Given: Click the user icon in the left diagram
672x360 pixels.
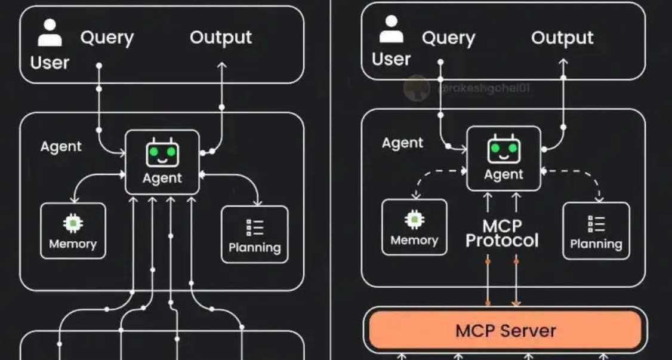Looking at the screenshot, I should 50,33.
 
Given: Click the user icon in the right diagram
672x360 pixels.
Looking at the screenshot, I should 391,30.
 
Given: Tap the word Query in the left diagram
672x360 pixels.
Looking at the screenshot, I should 107,38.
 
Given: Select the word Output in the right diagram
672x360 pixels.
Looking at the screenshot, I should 562,38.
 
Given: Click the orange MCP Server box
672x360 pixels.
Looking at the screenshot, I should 505,330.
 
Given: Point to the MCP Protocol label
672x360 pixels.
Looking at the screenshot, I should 502,233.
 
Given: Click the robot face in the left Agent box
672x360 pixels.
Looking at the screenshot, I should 162,153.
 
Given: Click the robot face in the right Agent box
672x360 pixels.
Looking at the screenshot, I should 504,150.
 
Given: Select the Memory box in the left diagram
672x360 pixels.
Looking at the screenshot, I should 73,231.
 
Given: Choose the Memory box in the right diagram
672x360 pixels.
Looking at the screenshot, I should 414,227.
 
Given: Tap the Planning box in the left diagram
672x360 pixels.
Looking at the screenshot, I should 255,234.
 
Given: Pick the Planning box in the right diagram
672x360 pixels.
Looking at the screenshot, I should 596,230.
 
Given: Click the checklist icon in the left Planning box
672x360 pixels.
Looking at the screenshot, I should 255,227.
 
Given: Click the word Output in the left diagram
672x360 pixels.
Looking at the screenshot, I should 221,38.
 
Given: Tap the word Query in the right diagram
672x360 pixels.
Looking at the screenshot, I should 448,38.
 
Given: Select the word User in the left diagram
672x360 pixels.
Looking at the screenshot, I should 50,63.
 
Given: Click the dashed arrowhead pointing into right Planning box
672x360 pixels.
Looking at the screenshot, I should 599,199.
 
